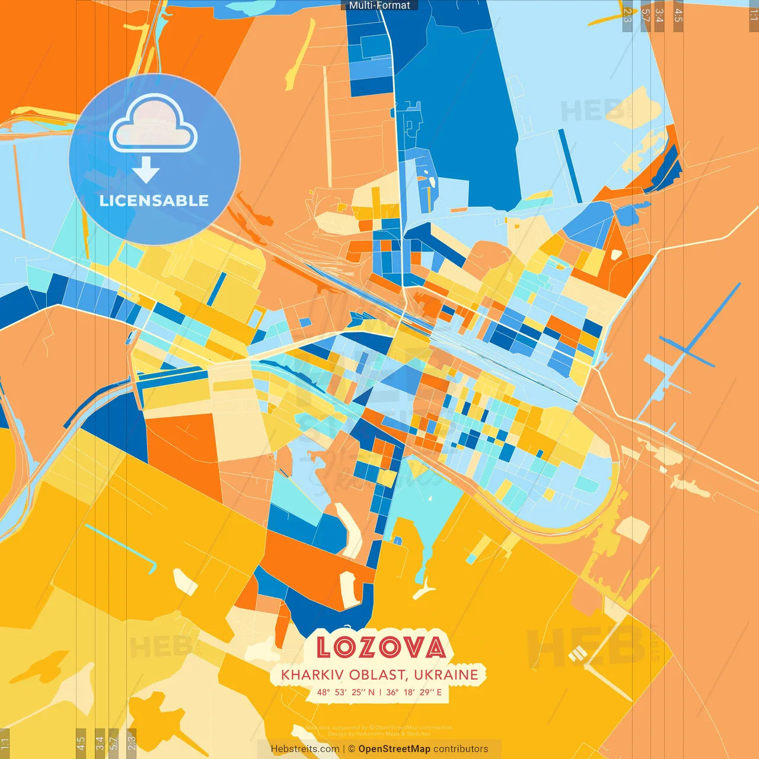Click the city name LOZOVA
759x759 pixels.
click(380, 647)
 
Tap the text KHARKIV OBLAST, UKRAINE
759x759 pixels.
click(379, 675)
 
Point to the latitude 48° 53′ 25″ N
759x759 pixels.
click(346, 692)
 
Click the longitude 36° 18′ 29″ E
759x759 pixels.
click(414, 692)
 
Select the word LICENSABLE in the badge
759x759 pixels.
click(154, 200)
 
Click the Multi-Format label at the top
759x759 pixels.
click(379, 5)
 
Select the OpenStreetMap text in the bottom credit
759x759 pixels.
click(394, 749)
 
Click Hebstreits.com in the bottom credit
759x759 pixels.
click(305, 749)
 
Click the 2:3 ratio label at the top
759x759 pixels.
click(627, 15)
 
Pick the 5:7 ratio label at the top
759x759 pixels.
click(645, 15)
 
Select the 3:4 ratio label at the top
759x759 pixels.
click(659, 15)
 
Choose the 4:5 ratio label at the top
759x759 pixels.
click(678, 15)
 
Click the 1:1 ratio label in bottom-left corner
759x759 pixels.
click(5, 743)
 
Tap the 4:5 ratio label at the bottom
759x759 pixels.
click(81, 743)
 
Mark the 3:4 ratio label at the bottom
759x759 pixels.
click(100, 743)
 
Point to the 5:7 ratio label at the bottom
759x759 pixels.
click(114, 743)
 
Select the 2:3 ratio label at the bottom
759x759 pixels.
click(132, 743)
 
